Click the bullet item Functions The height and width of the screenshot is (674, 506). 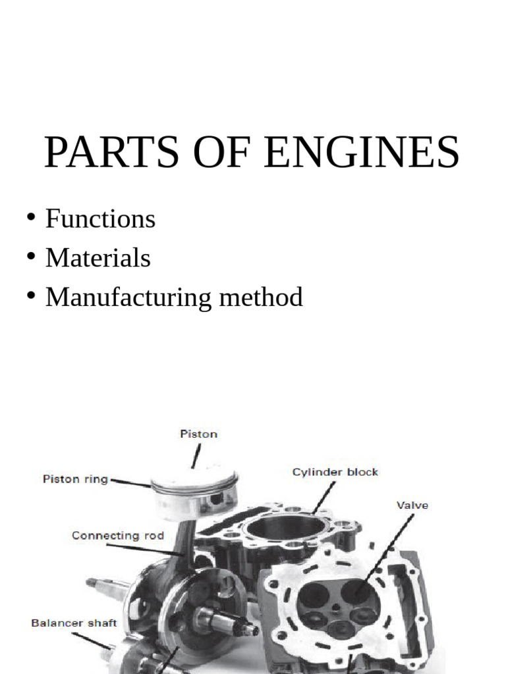click(100, 219)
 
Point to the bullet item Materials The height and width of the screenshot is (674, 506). click(98, 258)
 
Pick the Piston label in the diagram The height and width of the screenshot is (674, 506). click(199, 434)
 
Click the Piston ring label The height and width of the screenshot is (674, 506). click(75, 479)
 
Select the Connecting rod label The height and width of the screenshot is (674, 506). click(109, 536)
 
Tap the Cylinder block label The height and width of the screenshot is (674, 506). click(335, 472)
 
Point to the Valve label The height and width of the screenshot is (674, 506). click(412, 505)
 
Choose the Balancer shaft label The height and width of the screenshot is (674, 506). click(74, 623)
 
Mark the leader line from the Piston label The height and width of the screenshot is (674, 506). click(195, 456)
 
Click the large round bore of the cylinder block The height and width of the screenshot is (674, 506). click(284, 527)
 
